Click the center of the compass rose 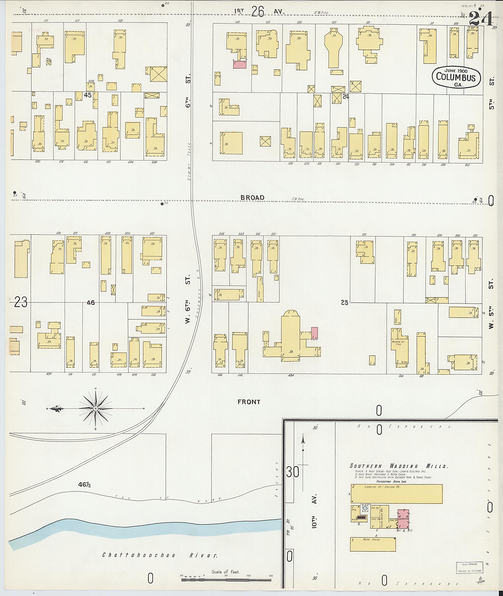pos(96,409)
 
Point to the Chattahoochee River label pos(160,555)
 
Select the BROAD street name pos(252,198)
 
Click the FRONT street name pos(249,402)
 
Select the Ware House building pos(373,544)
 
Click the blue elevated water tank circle pos(365,508)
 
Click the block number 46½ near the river pos(85,485)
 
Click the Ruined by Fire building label pos(398,343)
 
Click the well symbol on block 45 pos(49,62)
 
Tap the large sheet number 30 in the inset pos(293,473)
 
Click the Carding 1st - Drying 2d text pos(379,487)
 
